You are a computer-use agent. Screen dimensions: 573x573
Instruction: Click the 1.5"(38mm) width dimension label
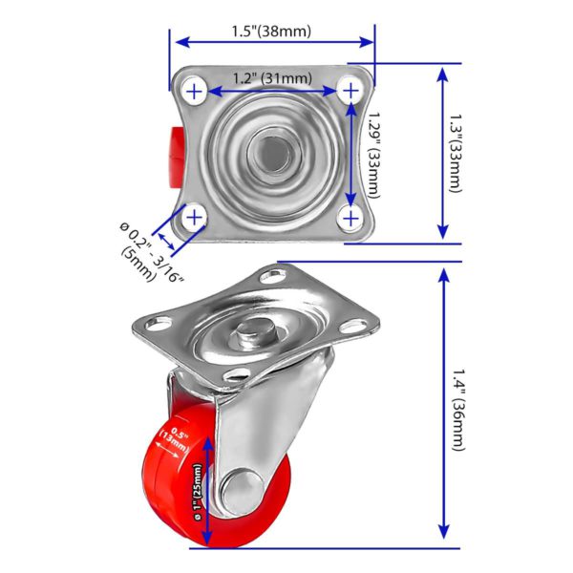(x=271, y=32)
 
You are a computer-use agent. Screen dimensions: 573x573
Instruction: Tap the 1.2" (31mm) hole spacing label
(x=272, y=78)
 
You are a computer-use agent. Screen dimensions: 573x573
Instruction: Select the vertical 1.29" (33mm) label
(x=373, y=155)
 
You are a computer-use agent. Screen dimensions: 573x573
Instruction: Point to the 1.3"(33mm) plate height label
(x=456, y=153)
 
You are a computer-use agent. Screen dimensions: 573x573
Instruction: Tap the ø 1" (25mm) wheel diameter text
(x=198, y=492)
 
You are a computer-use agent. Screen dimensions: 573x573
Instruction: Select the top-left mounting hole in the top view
(x=195, y=92)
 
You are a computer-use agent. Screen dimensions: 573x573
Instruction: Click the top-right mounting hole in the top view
(x=350, y=91)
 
